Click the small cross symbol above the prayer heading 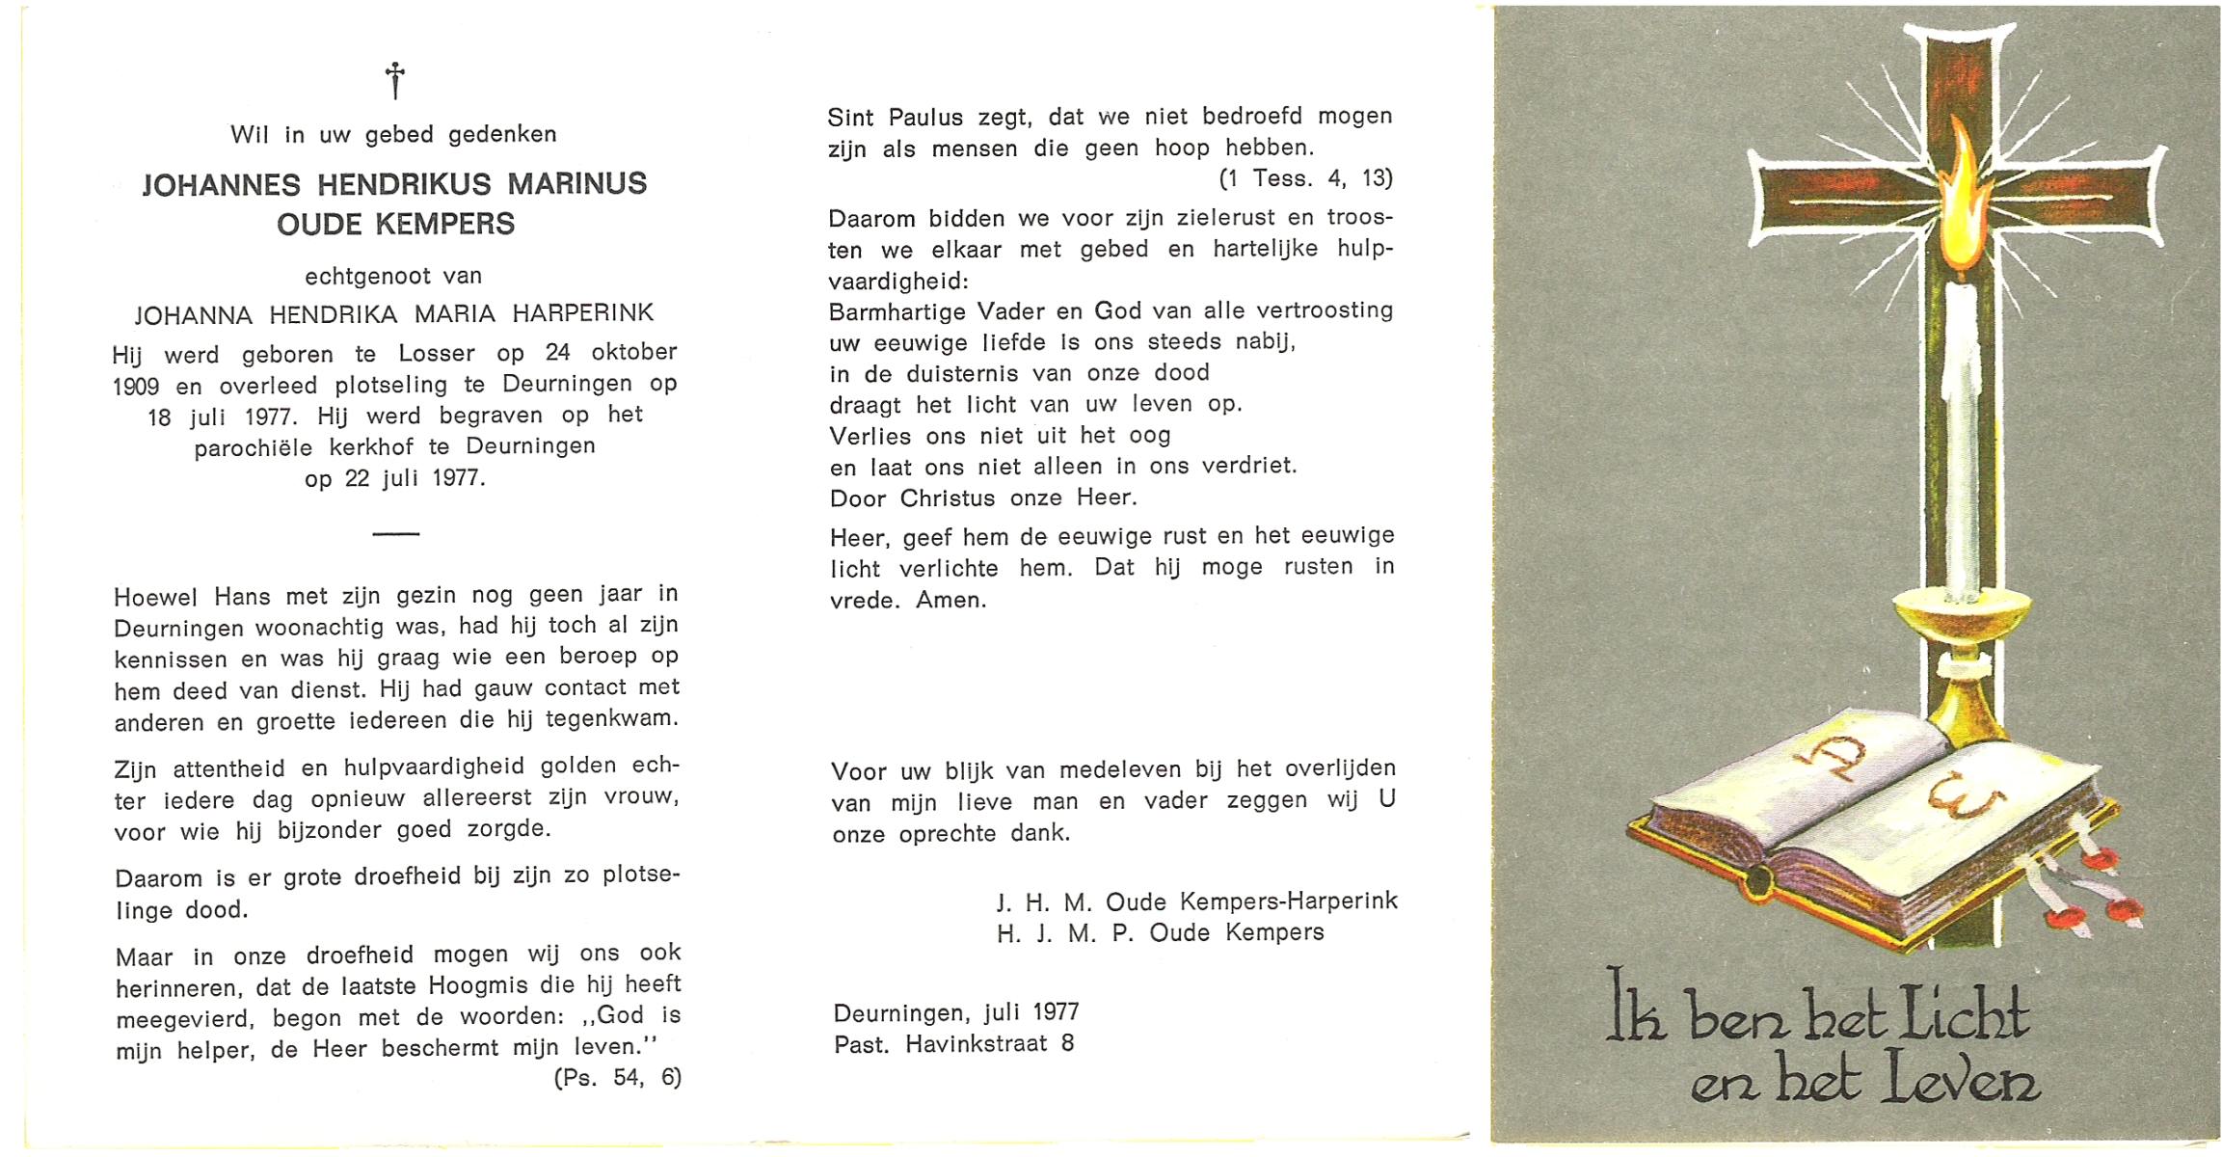pos(394,80)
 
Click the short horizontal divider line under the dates pos(395,533)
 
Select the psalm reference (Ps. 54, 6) pos(617,1078)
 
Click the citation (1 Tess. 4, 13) pos(1305,179)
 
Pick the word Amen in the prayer pos(950,600)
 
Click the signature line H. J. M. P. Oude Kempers pos(1161,933)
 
